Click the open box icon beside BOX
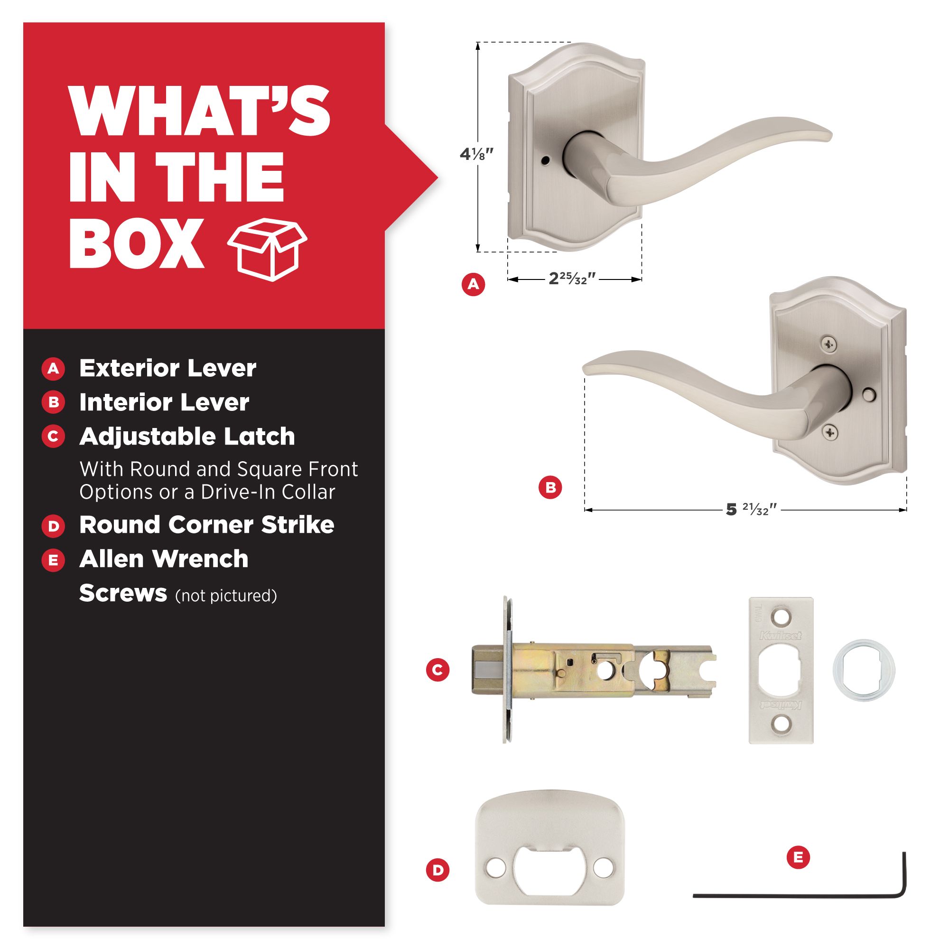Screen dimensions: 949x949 [267, 250]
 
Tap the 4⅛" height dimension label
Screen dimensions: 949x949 [476, 154]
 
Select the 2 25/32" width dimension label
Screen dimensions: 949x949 [572, 279]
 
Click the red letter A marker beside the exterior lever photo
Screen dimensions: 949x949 [473, 284]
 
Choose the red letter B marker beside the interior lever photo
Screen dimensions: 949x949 [550, 488]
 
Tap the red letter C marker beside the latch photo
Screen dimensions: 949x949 [437, 670]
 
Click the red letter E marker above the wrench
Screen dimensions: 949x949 [798, 857]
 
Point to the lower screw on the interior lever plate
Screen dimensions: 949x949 [829, 432]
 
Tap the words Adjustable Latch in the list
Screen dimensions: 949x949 [187, 436]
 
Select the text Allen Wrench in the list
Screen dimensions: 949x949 [164, 558]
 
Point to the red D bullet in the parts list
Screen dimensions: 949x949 [54, 526]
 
